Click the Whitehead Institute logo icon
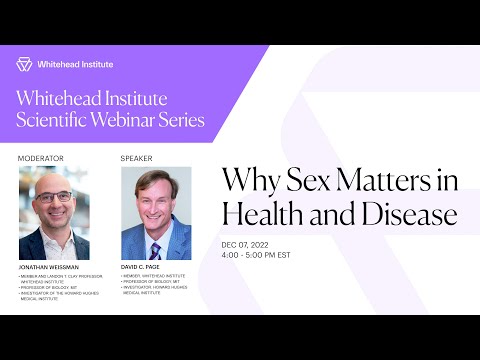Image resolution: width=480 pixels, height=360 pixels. [x=24, y=64]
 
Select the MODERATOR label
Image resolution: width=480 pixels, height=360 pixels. [x=40, y=158]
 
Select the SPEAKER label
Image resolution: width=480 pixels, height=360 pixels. [x=136, y=158]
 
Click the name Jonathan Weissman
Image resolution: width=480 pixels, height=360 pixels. [x=50, y=268]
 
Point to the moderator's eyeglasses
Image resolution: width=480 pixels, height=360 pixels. [x=53, y=197]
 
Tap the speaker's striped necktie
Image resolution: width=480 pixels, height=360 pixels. [x=155, y=248]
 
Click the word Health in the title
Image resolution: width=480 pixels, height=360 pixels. [x=257, y=213]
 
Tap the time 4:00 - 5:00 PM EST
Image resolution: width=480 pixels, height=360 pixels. [x=267, y=255]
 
